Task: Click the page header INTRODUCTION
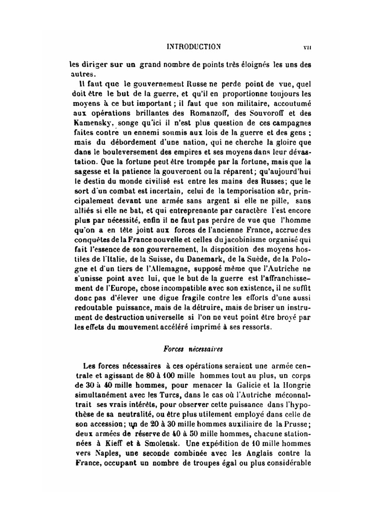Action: (193, 47)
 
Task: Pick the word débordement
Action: (128, 142)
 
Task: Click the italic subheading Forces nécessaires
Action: (193, 349)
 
